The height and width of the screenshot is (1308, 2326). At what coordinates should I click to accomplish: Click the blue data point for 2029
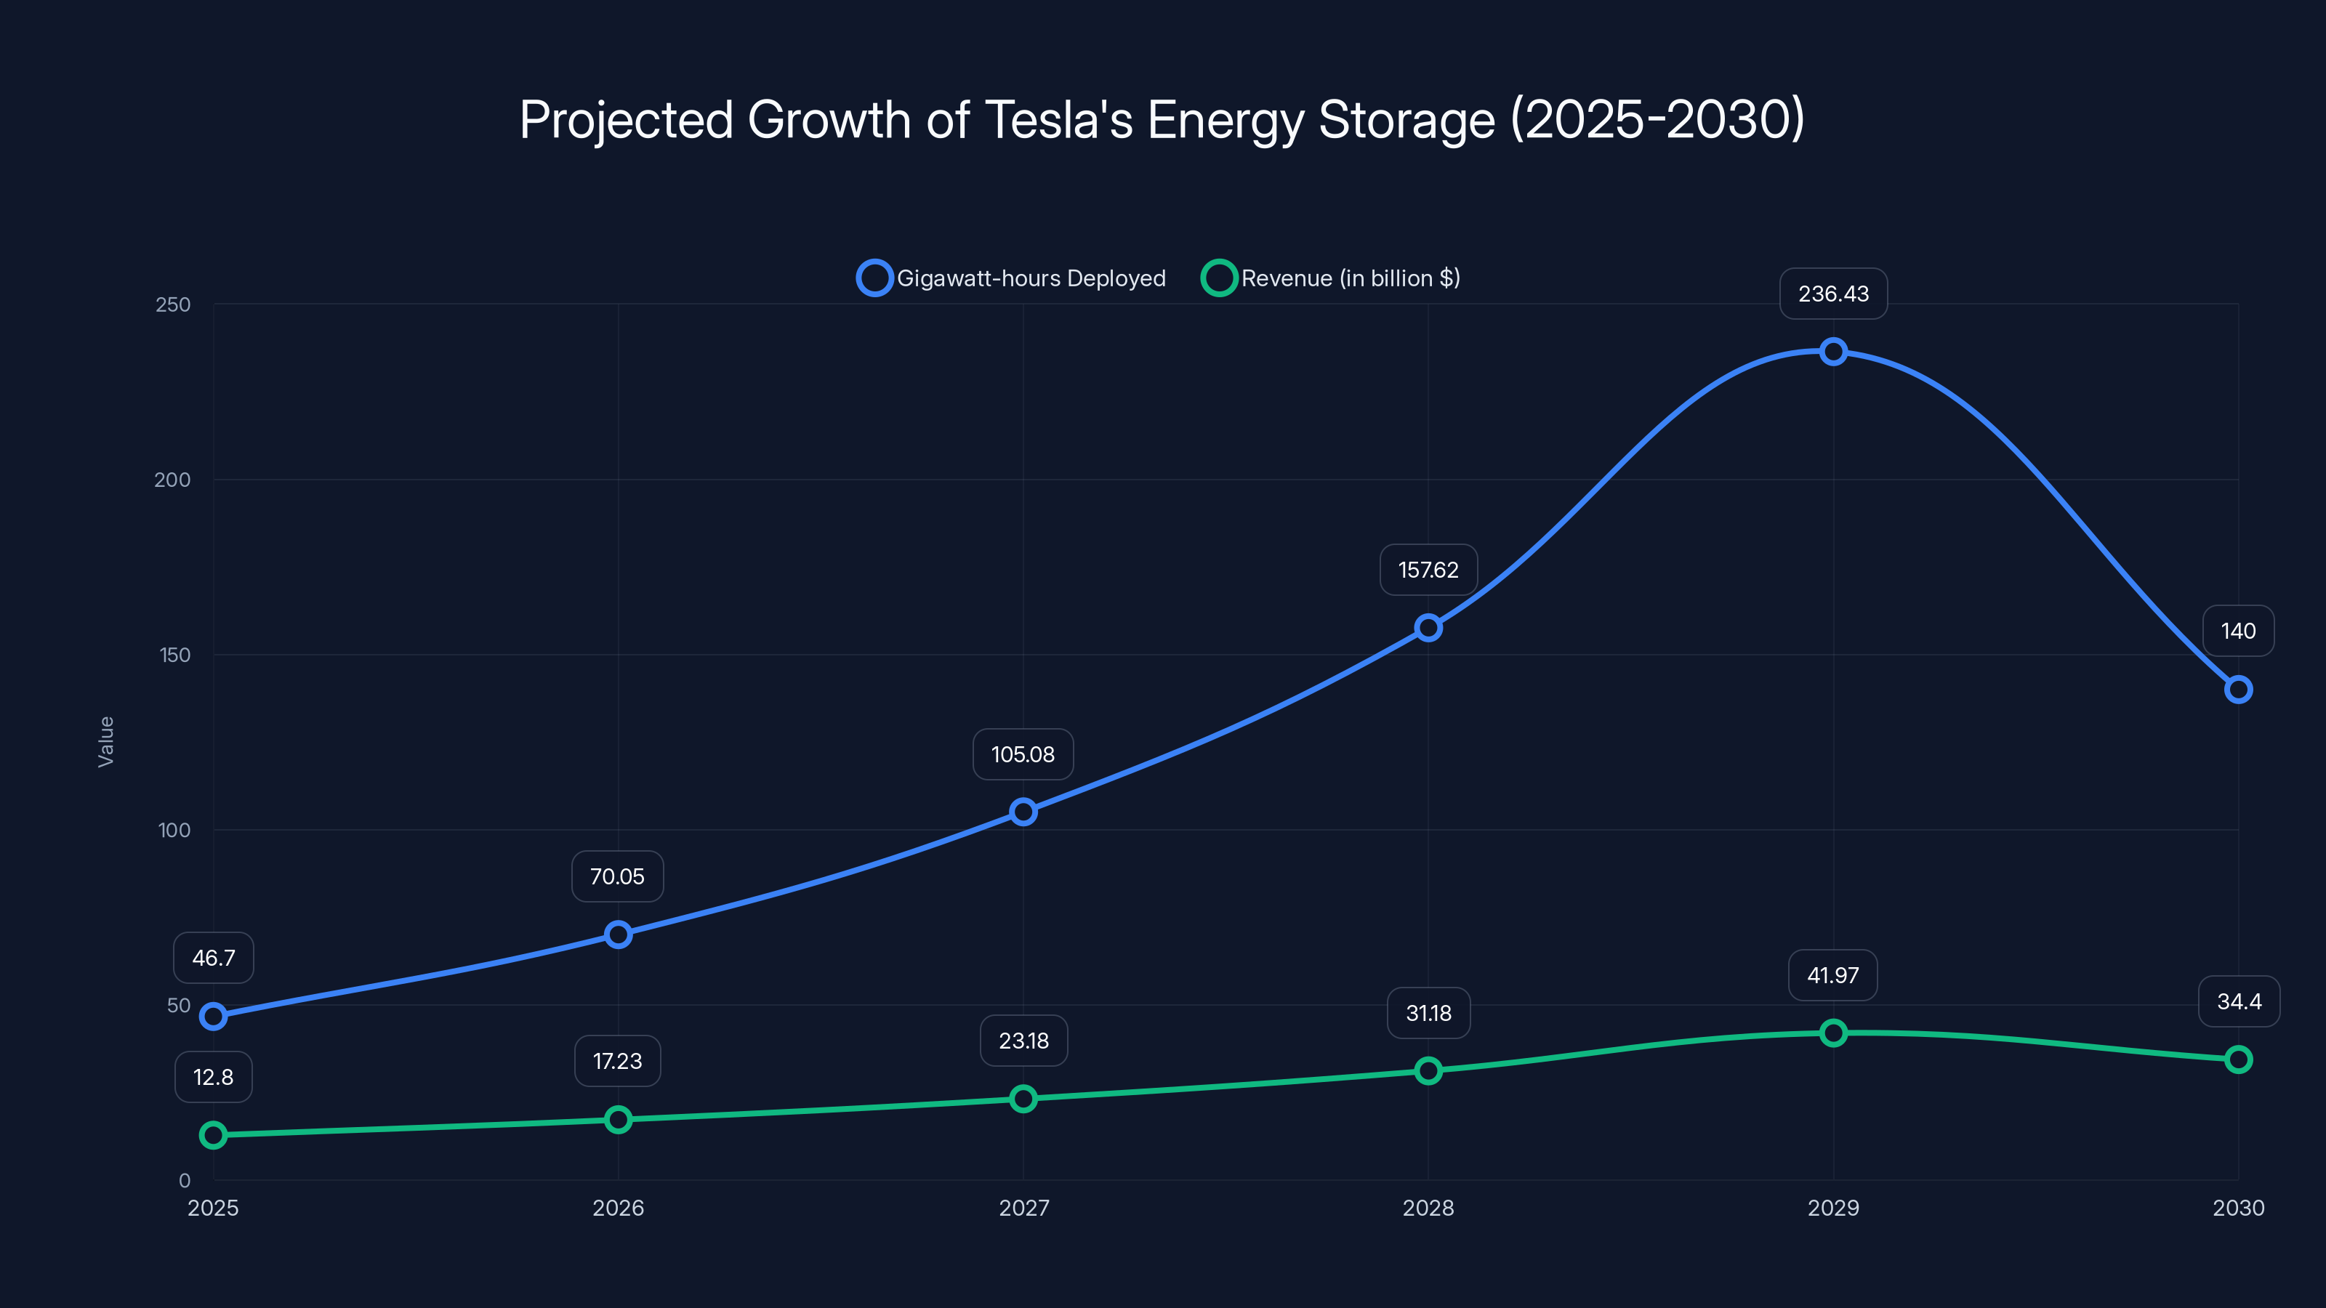pos(1833,351)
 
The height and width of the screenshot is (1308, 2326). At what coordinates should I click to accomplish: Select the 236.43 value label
pos(1833,294)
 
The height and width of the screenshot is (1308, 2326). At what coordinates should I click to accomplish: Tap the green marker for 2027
pos(1023,1099)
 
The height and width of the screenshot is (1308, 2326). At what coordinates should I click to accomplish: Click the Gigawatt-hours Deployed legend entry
pos(1011,278)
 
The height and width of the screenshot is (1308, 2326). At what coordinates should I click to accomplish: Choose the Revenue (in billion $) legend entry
pos(1331,278)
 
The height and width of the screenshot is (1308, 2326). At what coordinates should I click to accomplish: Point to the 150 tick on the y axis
pos(175,655)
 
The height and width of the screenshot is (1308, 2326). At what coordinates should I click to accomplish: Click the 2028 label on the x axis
pos(1428,1208)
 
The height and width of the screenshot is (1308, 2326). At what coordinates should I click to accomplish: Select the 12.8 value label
pos(213,1077)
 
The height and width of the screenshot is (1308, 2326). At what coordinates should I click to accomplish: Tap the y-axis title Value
pos(105,741)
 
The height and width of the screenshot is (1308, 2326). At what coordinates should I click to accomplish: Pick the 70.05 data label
pos(618,876)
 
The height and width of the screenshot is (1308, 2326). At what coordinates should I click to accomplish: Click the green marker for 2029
pos(1833,1033)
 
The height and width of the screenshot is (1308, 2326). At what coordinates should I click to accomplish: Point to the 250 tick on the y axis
pos(174,304)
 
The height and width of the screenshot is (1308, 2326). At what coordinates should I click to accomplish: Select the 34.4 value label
pos(2239,1001)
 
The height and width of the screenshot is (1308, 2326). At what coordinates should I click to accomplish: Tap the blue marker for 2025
pos(213,1017)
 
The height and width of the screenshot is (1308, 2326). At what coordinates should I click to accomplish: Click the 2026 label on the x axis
pos(618,1208)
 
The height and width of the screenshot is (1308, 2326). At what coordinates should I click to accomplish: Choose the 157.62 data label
pos(1428,570)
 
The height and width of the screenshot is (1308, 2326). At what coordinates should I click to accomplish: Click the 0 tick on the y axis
pos(184,1180)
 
